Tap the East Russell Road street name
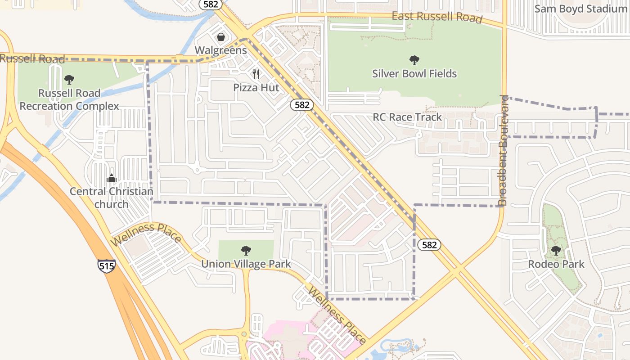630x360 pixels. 437,18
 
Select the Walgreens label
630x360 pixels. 221,50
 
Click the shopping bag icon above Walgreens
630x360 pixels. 221,36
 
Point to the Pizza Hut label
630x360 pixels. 256,87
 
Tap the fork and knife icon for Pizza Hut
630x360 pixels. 256,74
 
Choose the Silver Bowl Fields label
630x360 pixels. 414,73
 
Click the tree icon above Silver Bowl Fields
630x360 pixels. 414,60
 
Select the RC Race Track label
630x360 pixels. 407,117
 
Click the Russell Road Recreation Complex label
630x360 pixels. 69,99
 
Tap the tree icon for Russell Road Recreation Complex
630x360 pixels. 69,80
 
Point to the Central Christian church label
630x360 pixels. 112,198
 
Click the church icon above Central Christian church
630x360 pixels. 112,179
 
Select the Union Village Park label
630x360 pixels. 246,264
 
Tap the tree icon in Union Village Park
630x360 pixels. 246,250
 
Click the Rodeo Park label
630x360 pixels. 556,264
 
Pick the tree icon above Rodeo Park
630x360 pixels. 556,250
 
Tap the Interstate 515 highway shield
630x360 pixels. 106,265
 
